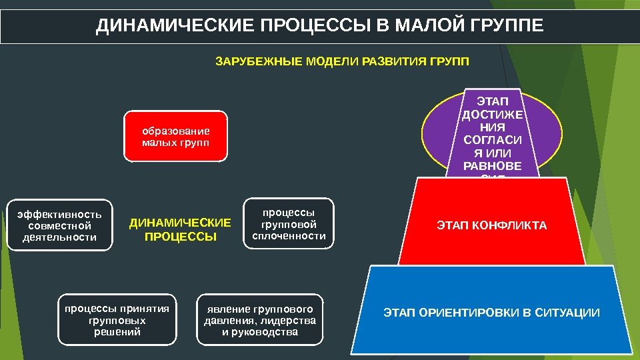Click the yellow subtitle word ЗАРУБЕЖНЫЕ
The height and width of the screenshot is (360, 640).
point(257,62)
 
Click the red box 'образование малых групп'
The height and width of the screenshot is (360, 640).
point(176,137)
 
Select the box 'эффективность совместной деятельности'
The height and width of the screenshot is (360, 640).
point(59,225)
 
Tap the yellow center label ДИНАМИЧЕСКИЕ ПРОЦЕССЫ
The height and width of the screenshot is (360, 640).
point(180,229)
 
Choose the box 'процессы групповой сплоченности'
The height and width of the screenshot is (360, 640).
point(288,223)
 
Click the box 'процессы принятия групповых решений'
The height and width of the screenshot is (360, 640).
point(117,319)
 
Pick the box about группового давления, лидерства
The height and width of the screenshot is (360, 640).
point(259,320)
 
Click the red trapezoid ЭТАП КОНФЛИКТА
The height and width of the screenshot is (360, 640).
point(491,225)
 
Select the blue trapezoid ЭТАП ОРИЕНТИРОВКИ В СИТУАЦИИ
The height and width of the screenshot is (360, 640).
point(491,313)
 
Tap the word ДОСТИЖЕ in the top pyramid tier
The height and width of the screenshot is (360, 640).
point(493,114)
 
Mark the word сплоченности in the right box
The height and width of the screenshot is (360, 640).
point(288,236)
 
